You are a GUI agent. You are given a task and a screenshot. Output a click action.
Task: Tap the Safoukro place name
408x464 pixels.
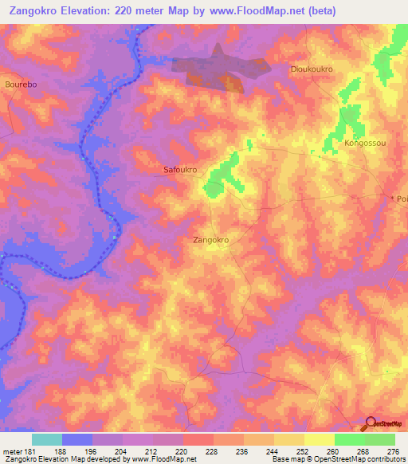point(180,170)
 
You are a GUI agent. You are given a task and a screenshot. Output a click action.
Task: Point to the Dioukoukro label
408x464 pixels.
point(312,69)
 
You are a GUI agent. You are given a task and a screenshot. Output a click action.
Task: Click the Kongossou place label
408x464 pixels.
point(365,144)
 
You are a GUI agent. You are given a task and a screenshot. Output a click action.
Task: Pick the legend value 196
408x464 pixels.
point(92,450)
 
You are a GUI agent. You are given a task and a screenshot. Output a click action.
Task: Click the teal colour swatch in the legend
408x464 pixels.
point(47,439)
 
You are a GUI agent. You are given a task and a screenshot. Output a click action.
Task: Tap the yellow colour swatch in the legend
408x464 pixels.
point(320,439)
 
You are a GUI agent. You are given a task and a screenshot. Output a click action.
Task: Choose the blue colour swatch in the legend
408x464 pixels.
point(77,439)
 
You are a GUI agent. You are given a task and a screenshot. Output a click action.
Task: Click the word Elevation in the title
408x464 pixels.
point(92,10)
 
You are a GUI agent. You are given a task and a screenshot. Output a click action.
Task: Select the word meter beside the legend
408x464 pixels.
point(12,450)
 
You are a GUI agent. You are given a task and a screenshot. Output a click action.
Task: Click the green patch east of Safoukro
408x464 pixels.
point(222,175)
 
